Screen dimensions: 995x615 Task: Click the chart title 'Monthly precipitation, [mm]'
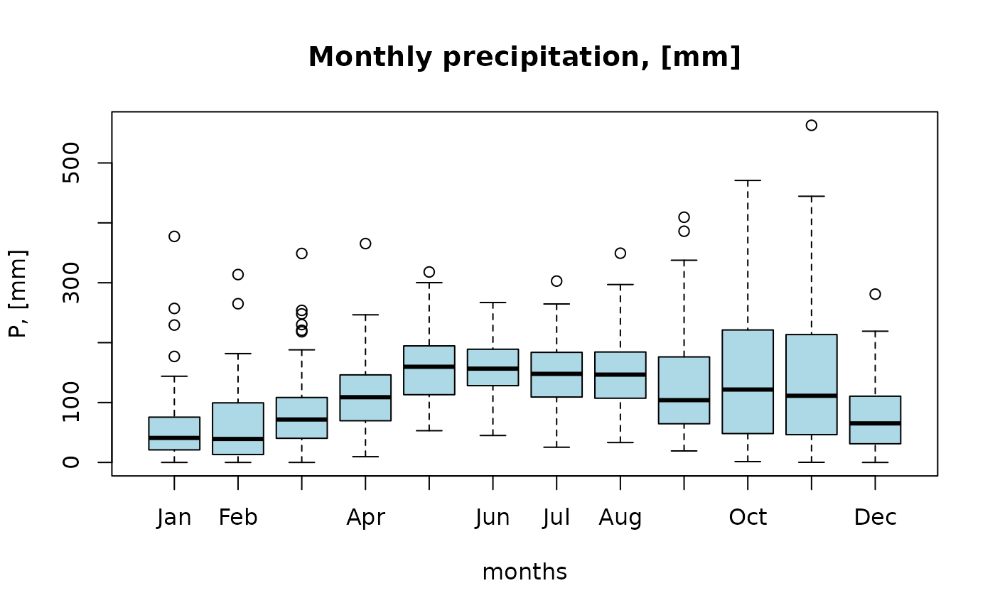click(525, 57)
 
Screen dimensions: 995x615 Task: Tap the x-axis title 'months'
click(525, 572)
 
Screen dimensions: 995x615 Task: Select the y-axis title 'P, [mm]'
click(18, 294)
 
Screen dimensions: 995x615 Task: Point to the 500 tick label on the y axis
click(71, 163)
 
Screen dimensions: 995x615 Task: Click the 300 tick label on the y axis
click(71, 283)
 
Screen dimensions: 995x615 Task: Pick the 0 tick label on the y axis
click(71, 462)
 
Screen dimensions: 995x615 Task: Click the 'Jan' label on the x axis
click(174, 518)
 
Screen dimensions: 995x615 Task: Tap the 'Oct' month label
click(748, 518)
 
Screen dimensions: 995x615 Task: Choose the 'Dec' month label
click(875, 518)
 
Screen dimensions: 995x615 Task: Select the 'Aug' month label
click(620, 518)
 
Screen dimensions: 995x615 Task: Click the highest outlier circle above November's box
click(812, 126)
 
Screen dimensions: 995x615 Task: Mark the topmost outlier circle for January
click(174, 236)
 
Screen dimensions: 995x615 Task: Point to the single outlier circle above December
click(875, 294)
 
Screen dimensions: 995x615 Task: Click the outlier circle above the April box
click(365, 244)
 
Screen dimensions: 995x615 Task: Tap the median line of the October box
click(748, 390)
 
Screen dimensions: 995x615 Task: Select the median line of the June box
click(493, 369)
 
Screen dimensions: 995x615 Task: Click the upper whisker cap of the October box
click(748, 180)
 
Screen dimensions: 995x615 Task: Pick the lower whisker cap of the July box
click(556, 447)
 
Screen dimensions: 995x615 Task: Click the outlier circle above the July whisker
click(556, 281)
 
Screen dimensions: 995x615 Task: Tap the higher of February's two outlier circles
click(238, 275)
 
